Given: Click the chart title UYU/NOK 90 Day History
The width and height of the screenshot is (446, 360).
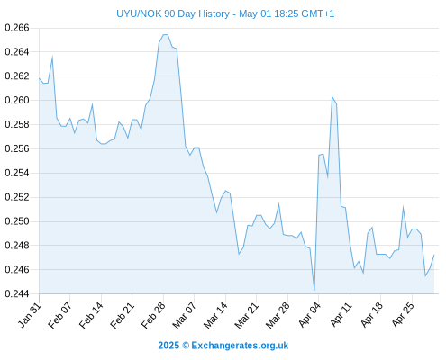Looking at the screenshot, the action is point(173,13).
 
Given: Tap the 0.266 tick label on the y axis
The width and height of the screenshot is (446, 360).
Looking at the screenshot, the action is point(17,28).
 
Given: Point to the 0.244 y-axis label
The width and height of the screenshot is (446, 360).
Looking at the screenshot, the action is point(17,293).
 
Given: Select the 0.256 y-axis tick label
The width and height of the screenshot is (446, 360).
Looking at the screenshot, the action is point(17,148).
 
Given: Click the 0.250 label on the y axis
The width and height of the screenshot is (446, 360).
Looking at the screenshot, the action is point(17,221).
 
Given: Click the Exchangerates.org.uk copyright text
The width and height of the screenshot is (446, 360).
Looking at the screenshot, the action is point(223,346).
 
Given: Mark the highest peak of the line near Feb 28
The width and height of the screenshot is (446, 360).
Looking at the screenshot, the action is point(166,35).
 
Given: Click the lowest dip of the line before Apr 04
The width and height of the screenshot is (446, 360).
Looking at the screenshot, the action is point(314,291).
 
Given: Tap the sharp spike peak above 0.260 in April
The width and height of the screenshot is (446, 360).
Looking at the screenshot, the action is point(332,96).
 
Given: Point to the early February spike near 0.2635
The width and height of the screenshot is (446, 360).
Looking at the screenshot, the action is point(52,57).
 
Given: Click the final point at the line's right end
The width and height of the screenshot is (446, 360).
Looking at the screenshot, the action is point(434,255).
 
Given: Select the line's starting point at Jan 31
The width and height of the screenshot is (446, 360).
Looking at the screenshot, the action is point(39,78).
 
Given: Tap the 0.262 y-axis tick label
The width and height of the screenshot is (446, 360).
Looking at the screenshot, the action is point(17,76).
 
